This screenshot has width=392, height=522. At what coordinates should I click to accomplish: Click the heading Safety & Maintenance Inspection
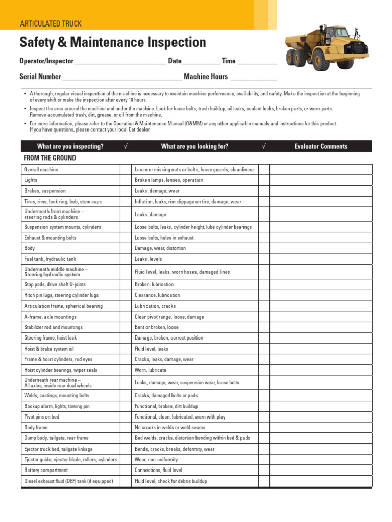click(x=112, y=42)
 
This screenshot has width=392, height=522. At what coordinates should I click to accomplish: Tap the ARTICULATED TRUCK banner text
click(x=51, y=23)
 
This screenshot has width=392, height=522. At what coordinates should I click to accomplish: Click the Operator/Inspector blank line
click(x=120, y=62)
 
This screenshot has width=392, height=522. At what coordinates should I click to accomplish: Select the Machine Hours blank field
click(x=254, y=77)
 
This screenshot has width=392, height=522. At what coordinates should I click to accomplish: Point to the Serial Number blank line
click(x=122, y=77)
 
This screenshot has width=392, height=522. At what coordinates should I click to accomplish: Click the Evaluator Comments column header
click(x=321, y=146)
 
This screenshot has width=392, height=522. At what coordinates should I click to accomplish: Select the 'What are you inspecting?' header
click(x=70, y=146)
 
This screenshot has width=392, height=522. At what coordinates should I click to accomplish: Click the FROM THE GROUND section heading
click(x=50, y=158)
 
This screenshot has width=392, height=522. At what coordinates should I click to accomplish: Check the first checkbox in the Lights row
click(x=126, y=180)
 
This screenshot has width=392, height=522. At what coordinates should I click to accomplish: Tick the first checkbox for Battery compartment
click(x=126, y=470)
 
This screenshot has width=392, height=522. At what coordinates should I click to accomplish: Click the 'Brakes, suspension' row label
click(x=45, y=191)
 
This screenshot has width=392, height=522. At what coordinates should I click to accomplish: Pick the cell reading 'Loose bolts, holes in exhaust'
click(x=164, y=238)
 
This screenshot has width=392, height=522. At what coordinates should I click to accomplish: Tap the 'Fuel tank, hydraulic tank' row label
click(x=50, y=259)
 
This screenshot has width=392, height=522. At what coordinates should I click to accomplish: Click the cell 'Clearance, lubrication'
click(x=157, y=295)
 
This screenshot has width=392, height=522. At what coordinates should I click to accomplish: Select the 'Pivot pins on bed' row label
click(x=41, y=416)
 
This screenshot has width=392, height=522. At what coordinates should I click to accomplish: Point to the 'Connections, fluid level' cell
click(x=158, y=470)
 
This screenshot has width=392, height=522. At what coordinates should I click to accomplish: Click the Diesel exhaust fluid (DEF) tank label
click(x=68, y=481)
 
